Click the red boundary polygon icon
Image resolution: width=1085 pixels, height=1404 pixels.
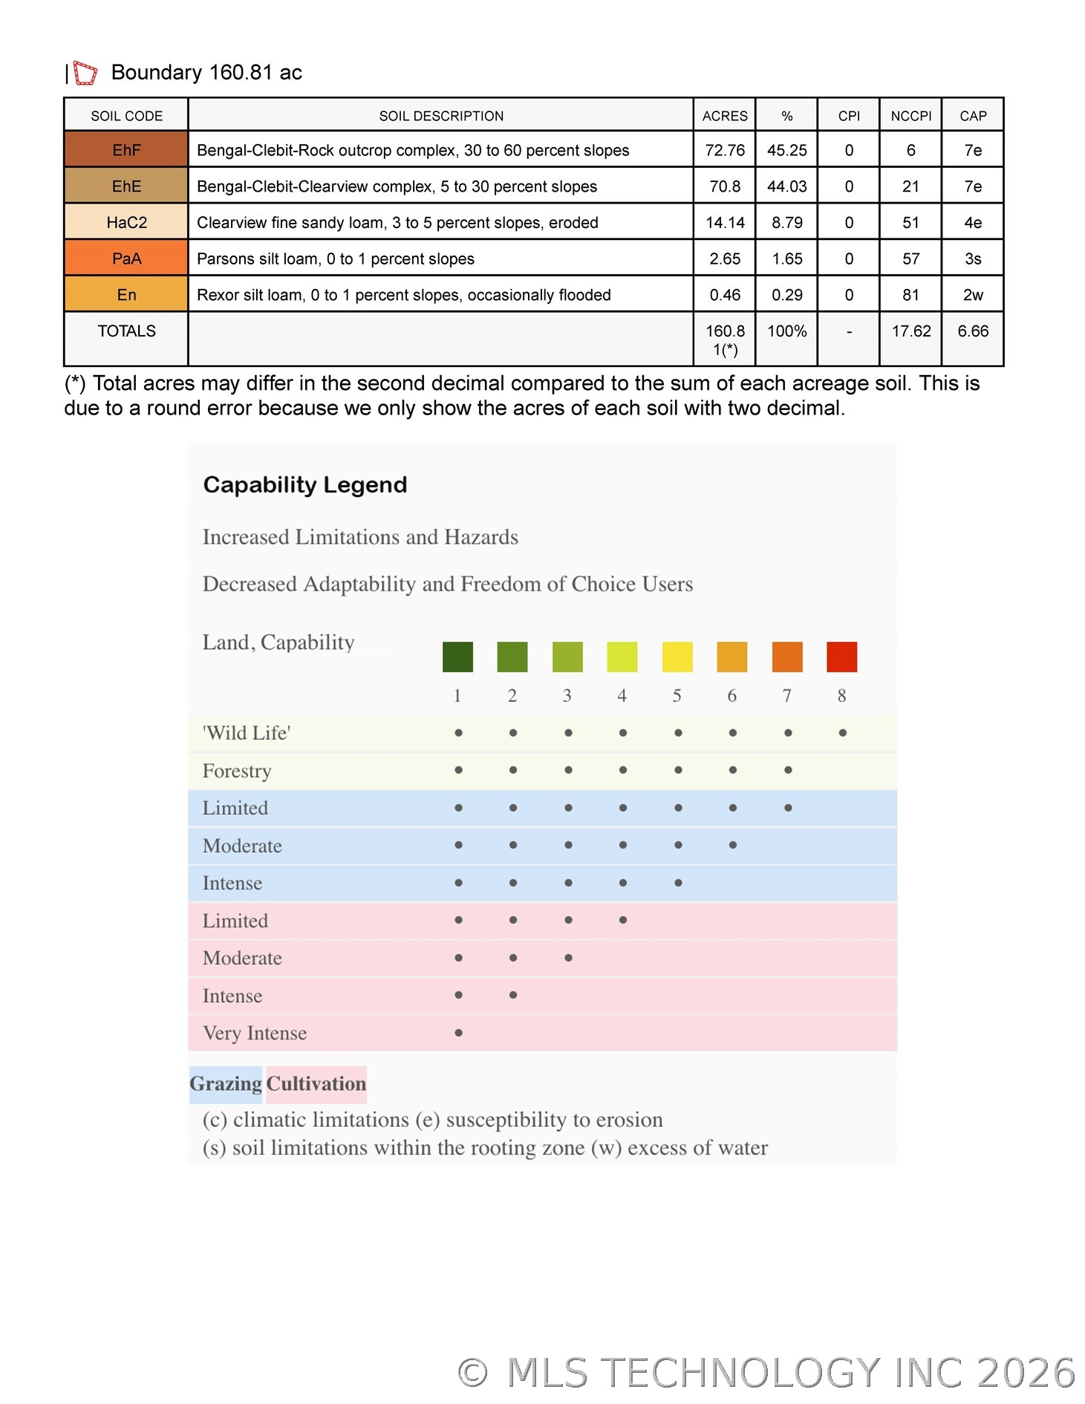click(x=85, y=73)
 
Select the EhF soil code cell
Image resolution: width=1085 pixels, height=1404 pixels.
click(x=126, y=150)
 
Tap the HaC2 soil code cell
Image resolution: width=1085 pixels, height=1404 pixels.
click(x=126, y=222)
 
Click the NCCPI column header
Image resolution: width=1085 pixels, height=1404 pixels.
click(x=910, y=116)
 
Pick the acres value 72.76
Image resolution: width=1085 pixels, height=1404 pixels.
click(x=725, y=150)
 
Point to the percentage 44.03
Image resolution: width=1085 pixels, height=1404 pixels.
click(x=786, y=186)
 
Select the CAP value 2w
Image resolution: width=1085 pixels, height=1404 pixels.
click(x=973, y=295)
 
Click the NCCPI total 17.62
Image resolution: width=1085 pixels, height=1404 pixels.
click(x=910, y=331)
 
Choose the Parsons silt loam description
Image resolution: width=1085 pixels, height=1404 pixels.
click(x=336, y=259)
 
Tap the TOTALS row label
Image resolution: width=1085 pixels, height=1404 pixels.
click(x=126, y=331)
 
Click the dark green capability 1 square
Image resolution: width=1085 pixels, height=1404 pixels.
click(x=457, y=657)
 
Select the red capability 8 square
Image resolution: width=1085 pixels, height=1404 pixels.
click(x=841, y=657)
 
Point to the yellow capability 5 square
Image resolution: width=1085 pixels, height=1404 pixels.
click(x=677, y=657)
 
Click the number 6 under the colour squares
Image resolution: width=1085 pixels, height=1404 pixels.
click(x=732, y=696)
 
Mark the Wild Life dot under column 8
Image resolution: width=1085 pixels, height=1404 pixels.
click(x=842, y=733)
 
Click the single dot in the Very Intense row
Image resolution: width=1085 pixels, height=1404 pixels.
click(x=458, y=1033)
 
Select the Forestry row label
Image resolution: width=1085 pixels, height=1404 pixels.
click(x=237, y=771)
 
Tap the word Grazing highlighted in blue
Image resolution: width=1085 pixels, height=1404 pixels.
click(x=226, y=1084)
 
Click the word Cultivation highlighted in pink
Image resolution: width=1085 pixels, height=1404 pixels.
click(x=316, y=1084)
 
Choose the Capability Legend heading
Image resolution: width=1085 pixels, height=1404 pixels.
click(x=305, y=485)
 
